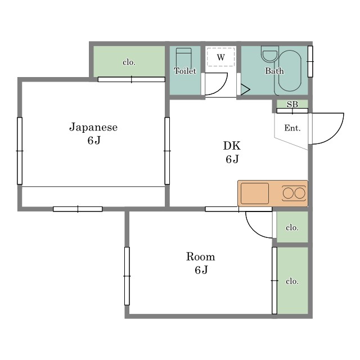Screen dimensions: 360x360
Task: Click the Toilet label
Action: coord(185,71)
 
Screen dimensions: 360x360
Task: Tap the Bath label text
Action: coord(274,71)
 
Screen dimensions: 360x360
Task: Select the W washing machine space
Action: coord(221,57)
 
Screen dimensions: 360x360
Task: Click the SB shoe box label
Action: coord(292,105)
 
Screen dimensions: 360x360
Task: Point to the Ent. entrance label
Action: coord(292,128)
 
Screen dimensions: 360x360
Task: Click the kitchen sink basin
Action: coord(255,193)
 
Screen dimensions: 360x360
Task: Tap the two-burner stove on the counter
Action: coord(294,193)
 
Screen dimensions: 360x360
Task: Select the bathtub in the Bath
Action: coord(290,71)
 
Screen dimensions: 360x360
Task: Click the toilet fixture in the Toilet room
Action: coord(183,57)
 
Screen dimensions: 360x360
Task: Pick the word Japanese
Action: coord(93,127)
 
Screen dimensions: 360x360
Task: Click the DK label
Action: coord(232,146)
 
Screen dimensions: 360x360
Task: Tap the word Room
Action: coord(200,256)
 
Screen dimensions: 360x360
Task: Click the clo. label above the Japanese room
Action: coord(129,62)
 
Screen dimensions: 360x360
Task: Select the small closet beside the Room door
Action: coord(292,227)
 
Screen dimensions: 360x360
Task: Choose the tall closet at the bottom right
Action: coord(292,280)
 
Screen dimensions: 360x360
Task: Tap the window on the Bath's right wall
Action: coord(310,61)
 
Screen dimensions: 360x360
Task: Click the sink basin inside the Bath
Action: coord(270,55)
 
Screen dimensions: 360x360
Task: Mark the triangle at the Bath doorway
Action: coord(245,89)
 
